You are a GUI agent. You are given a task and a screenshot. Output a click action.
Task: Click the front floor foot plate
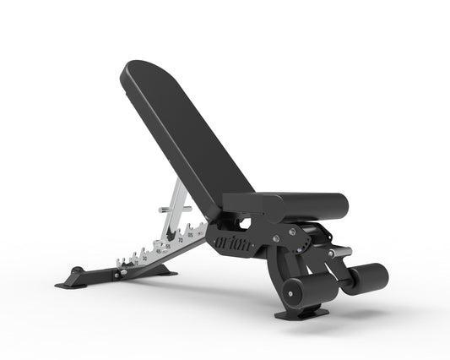302,314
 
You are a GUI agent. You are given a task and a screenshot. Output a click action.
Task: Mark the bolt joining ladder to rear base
124,273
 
